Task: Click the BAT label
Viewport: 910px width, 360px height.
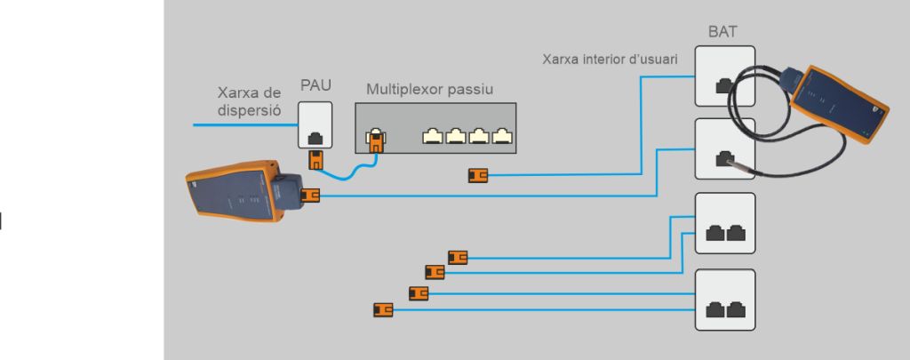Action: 723,32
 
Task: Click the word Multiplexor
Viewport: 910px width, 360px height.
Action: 403,90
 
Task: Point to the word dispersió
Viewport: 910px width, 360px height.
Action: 250,111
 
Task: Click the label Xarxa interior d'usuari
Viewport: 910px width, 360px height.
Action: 611,60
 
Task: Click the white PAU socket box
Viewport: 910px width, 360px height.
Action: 315,125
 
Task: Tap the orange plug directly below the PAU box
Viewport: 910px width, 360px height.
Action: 315,161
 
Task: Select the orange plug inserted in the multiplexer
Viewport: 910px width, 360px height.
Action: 375,140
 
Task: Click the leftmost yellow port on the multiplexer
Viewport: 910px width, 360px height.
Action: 432,137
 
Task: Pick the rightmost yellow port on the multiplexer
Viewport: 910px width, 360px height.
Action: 502,137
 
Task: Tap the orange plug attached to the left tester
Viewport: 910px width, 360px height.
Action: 310,195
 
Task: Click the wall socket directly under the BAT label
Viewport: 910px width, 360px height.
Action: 724,77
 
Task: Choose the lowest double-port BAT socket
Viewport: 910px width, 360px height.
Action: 724,300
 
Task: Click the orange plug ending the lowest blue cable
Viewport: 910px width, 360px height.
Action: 383,310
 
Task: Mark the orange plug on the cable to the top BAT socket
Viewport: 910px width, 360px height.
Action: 477,176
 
